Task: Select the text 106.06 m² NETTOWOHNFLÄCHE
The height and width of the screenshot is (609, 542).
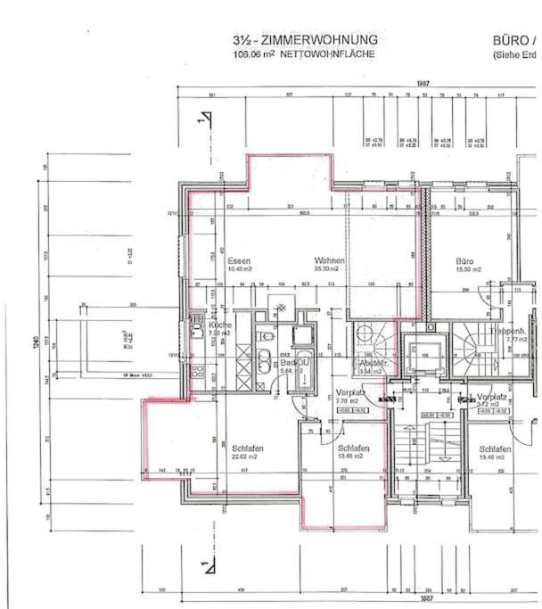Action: click(304, 53)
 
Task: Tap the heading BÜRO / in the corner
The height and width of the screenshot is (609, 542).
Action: click(516, 40)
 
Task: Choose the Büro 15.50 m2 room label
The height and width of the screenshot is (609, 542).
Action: click(468, 264)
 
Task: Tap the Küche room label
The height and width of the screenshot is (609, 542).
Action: click(219, 328)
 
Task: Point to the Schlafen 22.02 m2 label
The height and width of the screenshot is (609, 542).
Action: click(246, 451)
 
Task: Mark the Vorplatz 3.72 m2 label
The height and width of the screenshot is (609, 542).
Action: click(491, 399)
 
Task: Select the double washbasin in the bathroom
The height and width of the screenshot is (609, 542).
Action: click(265, 364)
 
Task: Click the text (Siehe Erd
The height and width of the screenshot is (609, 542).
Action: click(516, 54)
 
